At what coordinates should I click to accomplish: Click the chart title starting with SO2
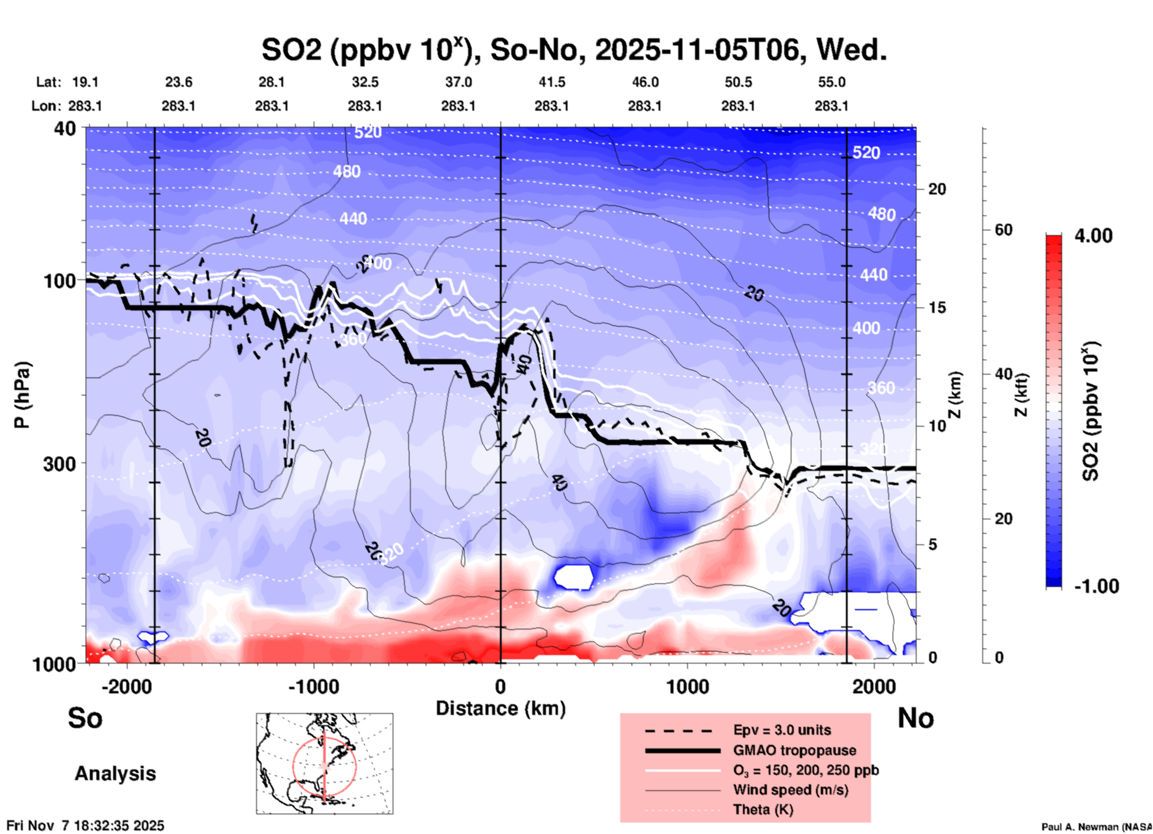click(x=574, y=50)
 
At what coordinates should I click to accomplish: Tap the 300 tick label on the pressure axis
click(x=60, y=464)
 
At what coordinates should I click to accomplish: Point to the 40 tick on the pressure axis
click(x=65, y=129)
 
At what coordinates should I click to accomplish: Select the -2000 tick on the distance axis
click(x=126, y=687)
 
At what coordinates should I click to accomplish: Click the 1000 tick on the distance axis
click(x=687, y=687)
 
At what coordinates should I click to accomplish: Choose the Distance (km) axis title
click(x=500, y=708)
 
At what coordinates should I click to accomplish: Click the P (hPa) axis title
click(x=22, y=395)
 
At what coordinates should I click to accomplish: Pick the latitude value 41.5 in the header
click(x=551, y=82)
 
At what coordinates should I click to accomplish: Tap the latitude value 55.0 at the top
click(x=832, y=82)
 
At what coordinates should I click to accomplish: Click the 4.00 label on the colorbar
click(x=1093, y=236)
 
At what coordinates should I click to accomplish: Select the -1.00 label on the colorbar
click(x=1096, y=586)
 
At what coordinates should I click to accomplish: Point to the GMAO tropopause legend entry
click(x=794, y=750)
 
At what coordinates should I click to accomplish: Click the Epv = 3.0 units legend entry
click(x=782, y=730)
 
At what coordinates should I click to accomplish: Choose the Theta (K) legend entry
click(x=763, y=810)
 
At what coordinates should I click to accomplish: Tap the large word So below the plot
click(x=85, y=718)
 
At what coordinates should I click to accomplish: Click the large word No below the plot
click(x=915, y=718)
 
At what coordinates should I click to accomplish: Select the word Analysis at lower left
click(x=115, y=774)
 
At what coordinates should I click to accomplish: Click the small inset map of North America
click(x=324, y=763)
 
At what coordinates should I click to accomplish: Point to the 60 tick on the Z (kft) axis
click(x=1003, y=230)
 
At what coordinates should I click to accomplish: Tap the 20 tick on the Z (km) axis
click(x=937, y=190)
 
